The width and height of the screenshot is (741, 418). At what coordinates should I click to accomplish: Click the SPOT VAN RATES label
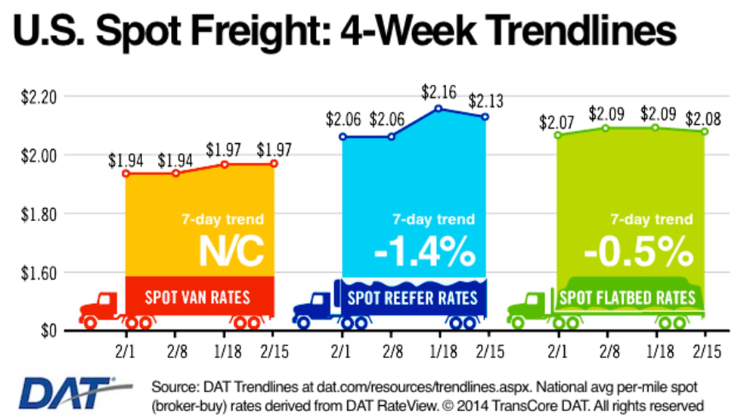pos(200,296)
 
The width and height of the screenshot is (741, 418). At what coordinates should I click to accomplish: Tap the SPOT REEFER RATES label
pos(413,296)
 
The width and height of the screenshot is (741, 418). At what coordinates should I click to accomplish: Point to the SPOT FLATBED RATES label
pos(627,296)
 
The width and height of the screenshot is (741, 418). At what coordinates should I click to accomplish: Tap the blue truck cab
pos(315,307)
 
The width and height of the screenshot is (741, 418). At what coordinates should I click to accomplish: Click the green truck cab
pos(530,307)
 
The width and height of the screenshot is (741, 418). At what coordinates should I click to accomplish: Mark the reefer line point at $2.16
pos(439,108)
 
